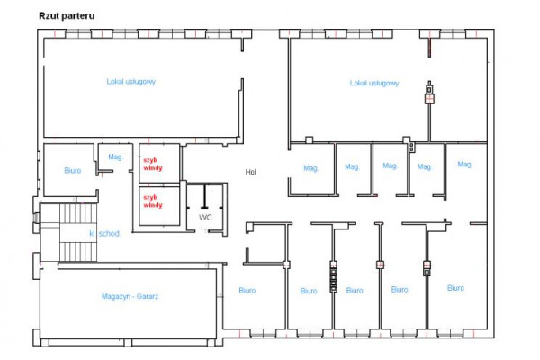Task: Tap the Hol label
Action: click(x=250, y=172)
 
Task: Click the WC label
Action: click(x=205, y=218)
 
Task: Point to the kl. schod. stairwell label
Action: click(x=105, y=234)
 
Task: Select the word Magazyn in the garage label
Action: click(x=116, y=296)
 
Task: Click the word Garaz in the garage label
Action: click(x=148, y=296)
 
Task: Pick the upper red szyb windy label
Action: click(x=153, y=165)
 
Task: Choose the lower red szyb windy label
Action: click(x=153, y=202)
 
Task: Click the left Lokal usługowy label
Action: click(x=130, y=82)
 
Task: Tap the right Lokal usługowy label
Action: click(x=374, y=83)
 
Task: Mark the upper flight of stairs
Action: click(x=78, y=213)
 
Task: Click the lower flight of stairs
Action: click(x=78, y=252)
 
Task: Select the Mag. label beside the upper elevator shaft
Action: click(x=115, y=157)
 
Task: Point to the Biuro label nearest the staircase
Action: click(x=73, y=170)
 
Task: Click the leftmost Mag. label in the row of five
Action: click(x=311, y=168)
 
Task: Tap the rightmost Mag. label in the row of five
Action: click(x=464, y=165)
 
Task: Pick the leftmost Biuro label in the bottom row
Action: click(x=247, y=291)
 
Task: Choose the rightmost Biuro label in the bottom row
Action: click(x=455, y=288)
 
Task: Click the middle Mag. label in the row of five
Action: click(x=391, y=166)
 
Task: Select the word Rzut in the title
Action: click(x=47, y=16)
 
